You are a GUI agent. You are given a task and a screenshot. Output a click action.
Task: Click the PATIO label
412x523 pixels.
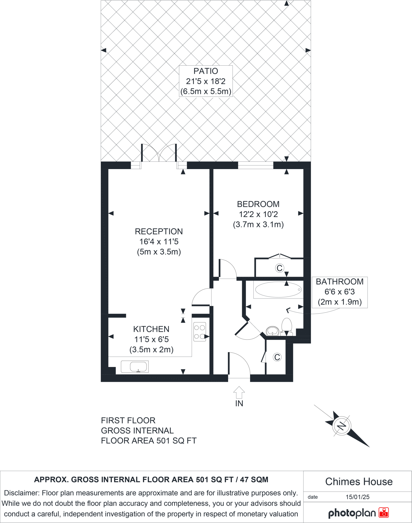point(206,71)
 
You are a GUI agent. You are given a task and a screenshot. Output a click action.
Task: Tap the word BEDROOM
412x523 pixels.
point(258,204)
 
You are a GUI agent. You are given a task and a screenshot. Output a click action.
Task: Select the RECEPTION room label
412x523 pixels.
point(159,231)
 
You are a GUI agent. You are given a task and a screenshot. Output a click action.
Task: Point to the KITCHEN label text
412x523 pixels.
point(151,329)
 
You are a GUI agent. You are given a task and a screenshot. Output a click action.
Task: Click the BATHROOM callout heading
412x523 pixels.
point(340,281)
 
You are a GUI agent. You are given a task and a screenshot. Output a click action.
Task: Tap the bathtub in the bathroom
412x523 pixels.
point(278,290)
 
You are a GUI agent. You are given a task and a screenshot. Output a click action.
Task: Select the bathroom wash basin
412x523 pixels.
point(273,331)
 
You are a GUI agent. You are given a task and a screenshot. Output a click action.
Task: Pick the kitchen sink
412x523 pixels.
point(135,367)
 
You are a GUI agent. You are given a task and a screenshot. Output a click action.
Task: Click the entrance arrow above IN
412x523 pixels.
point(239,392)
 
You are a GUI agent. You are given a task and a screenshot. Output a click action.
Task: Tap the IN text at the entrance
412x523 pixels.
point(239,403)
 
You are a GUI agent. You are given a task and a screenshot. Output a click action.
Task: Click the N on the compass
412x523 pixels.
point(342,426)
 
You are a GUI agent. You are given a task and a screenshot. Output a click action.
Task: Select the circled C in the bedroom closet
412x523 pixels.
point(280,268)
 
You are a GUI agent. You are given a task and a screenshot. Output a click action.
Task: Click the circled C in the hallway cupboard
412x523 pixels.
point(277,357)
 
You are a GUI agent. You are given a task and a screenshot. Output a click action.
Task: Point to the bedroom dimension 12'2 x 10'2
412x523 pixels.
point(258,214)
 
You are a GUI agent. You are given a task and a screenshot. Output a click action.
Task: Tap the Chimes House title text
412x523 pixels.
point(359,482)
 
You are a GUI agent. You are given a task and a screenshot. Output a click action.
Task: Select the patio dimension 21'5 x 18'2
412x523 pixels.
point(206,81)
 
